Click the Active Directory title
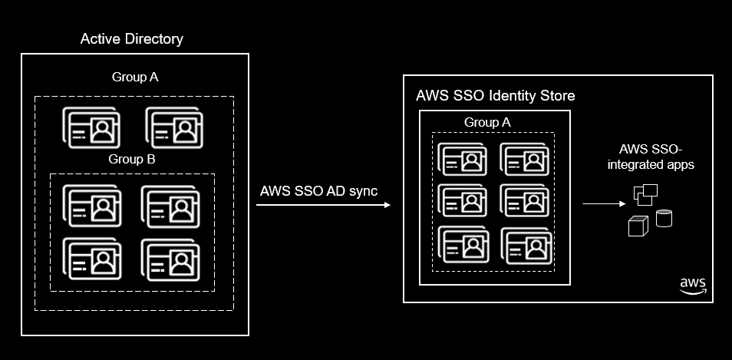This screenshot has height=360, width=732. pos(132,39)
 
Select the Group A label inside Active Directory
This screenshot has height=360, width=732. pos(135,77)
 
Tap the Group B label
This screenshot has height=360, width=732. pos(132,159)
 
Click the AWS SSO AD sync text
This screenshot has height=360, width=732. pos(318,191)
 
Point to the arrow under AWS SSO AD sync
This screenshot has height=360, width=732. pos(323,204)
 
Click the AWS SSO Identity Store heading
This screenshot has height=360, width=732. pos(496,96)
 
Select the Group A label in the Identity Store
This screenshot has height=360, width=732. pos(487,122)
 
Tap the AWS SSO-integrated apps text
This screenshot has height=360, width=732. pos(651,157)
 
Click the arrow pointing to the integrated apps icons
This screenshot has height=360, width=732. pos(604,203)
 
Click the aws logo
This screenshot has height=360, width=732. pos(694,286)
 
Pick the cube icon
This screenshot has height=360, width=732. pos(638,226)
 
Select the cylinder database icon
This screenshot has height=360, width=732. pos(664,218)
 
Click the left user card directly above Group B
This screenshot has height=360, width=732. pos(91,127)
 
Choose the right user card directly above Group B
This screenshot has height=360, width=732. pos(173,127)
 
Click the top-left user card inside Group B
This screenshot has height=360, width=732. pos(92,206)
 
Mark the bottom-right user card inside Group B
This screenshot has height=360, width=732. pos(170,260)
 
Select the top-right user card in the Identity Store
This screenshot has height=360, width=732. pos(526,159)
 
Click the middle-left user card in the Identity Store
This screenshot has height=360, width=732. pos(463,200)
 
